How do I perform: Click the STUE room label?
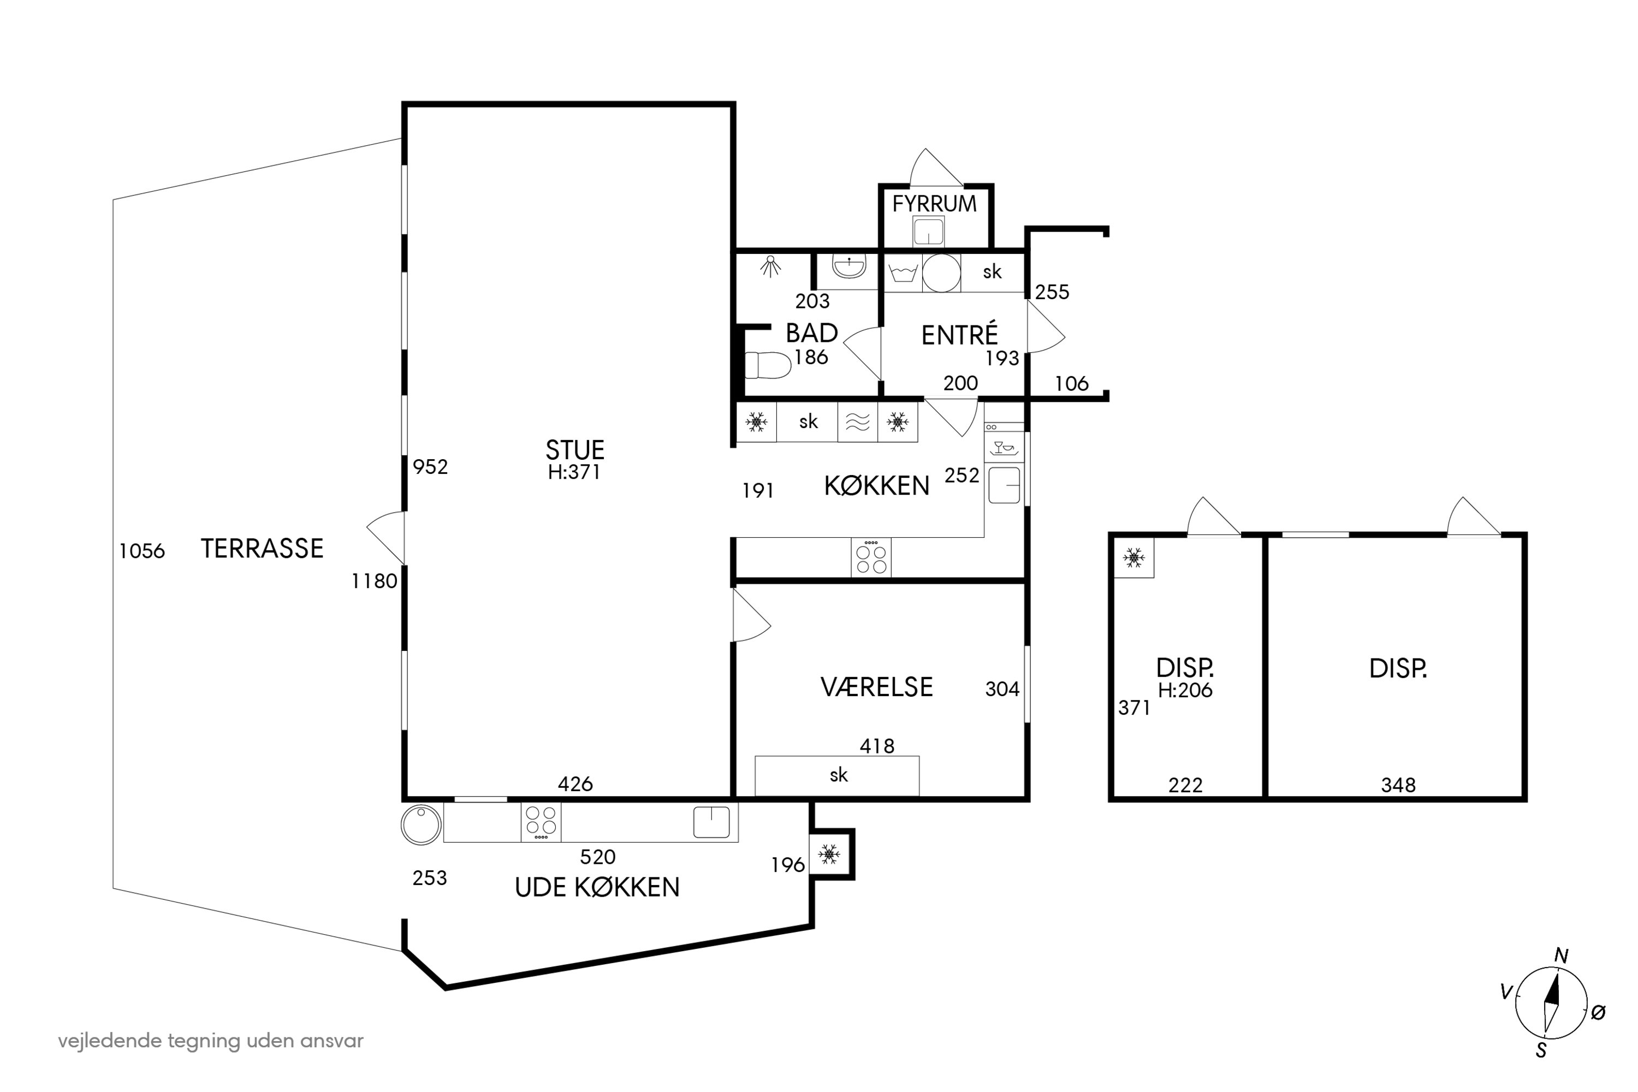click(574, 450)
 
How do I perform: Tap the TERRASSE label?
click(262, 549)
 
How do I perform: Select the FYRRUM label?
click(935, 204)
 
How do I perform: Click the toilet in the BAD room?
click(768, 365)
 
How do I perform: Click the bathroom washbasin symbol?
click(849, 267)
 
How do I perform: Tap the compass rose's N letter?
click(1562, 956)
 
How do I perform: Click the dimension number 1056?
click(142, 551)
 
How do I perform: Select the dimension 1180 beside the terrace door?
click(374, 581)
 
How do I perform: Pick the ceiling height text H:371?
click(574, 472)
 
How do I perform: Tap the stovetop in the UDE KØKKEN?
click(541, 822)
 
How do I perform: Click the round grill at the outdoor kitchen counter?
click(422, 824)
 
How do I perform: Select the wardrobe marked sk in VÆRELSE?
click(837, 776)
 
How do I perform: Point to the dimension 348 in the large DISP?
click(1398, 786)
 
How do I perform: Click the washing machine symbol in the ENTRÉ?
click(903, 272)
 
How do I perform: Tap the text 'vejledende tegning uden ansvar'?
click(210, 1041)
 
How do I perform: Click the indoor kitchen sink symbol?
click(1004, 485)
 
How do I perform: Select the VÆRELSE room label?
click(877, 687)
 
